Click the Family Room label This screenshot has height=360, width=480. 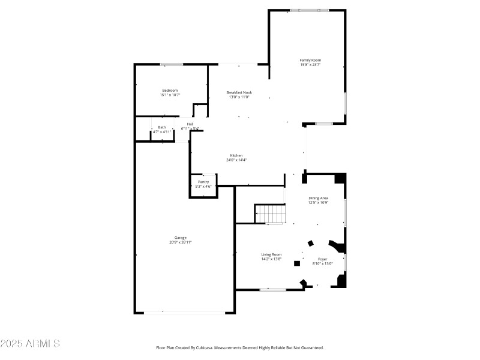[x=310, y=60]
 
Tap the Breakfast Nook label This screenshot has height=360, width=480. [x=239, y=92]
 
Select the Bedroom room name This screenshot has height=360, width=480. [x=170, y=91]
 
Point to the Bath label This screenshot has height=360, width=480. [x=162, y=127]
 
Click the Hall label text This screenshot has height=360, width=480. [x=190, y=124]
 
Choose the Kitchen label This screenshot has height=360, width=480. [x=236, y=155]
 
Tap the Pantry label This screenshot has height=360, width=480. [x=203, y=182]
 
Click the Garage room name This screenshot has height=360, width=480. [x=181, y=238]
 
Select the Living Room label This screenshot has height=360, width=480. [x=271, y=254]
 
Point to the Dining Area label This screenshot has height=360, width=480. [x=318, y=198]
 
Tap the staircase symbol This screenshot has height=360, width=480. [x=269, y=213]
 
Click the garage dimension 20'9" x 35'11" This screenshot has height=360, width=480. [x=181, y=242]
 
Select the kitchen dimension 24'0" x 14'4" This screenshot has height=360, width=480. [x=236, y=160]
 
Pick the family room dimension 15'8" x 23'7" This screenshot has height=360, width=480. [x=310, y=65]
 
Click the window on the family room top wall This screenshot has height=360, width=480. [x=310, y=10]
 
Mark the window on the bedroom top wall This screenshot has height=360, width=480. [x=172, y=64]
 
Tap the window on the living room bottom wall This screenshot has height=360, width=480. [x=273, y=290]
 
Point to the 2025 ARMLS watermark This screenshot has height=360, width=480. [x=30, y=344]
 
